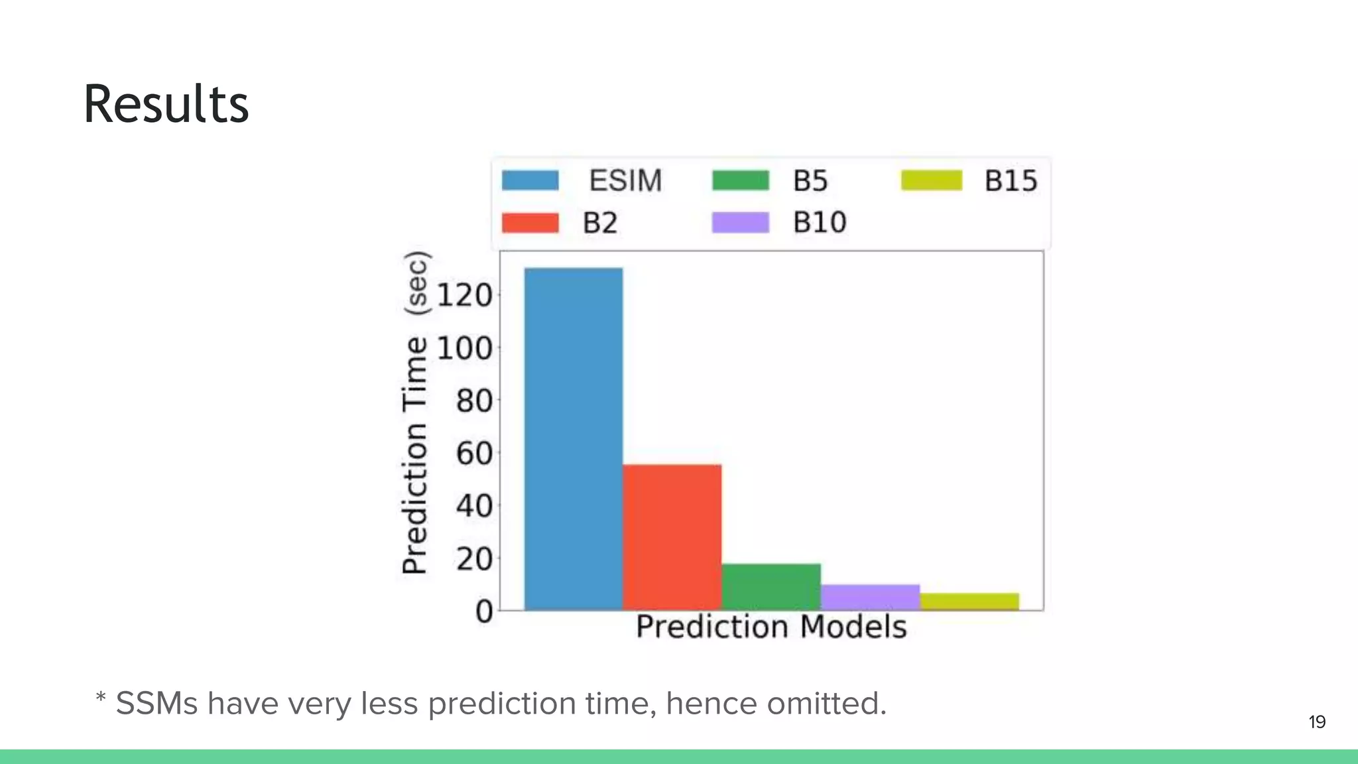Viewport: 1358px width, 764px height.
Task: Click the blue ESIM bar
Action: (x=574, y=438)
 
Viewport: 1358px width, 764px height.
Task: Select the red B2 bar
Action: (x=672, y=537)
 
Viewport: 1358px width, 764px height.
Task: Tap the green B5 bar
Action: (x=771, y=586)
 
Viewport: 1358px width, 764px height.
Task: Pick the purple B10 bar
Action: (x=870, y=597)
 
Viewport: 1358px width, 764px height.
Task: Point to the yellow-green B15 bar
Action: (x=969, y=601)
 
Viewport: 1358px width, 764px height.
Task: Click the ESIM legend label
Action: (x=625, y=180)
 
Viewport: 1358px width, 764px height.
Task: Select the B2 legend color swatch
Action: (x=530, y=223)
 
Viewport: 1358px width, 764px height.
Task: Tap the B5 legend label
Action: (x=810, y=180)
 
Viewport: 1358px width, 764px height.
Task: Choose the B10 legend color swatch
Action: (x=740, y=223)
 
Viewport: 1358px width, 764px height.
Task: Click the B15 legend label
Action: (x=1010, y=180)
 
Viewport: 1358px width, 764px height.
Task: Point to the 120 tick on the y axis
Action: (x=464, y=295)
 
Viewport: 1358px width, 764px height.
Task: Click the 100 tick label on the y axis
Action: (x=464, y=348)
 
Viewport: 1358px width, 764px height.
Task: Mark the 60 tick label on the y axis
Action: (x=473, y=454)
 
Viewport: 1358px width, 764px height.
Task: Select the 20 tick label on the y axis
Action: (x=473, y=559)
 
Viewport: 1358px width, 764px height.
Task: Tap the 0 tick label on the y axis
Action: (x=484, y=611)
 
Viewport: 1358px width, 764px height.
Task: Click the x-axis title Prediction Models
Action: (x=771, y=627)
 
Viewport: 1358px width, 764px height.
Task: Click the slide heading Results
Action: (x=166, y=104)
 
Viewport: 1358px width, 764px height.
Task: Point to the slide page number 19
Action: (x=1317, y=722)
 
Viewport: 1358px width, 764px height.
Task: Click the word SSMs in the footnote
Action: (x=156, y=703)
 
